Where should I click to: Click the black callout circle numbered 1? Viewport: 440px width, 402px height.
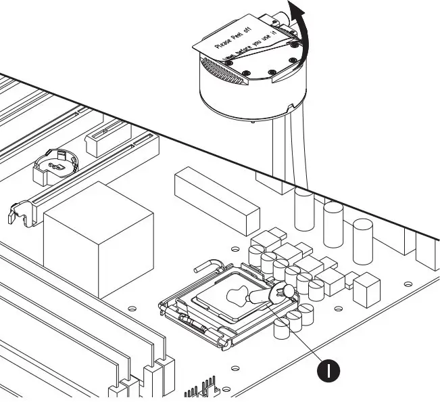328,370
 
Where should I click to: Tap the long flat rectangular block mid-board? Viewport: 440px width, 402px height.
216,200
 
